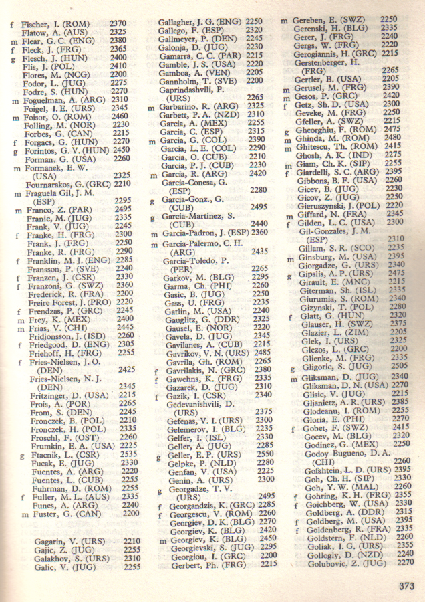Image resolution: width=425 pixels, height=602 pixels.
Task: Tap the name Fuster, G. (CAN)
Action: point(60,514)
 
